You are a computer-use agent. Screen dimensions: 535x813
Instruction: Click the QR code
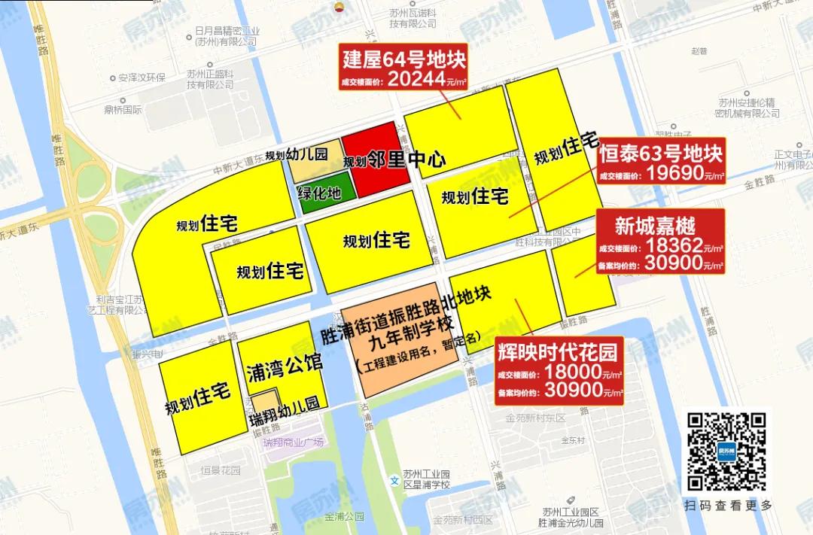726,451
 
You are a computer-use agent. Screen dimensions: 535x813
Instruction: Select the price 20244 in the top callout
419,80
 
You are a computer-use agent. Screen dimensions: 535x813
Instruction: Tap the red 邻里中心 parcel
374,160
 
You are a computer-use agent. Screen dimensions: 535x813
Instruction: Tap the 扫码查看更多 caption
727,506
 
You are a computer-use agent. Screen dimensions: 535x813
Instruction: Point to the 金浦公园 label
344,517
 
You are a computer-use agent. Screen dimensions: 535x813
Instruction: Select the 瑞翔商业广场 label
293,442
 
